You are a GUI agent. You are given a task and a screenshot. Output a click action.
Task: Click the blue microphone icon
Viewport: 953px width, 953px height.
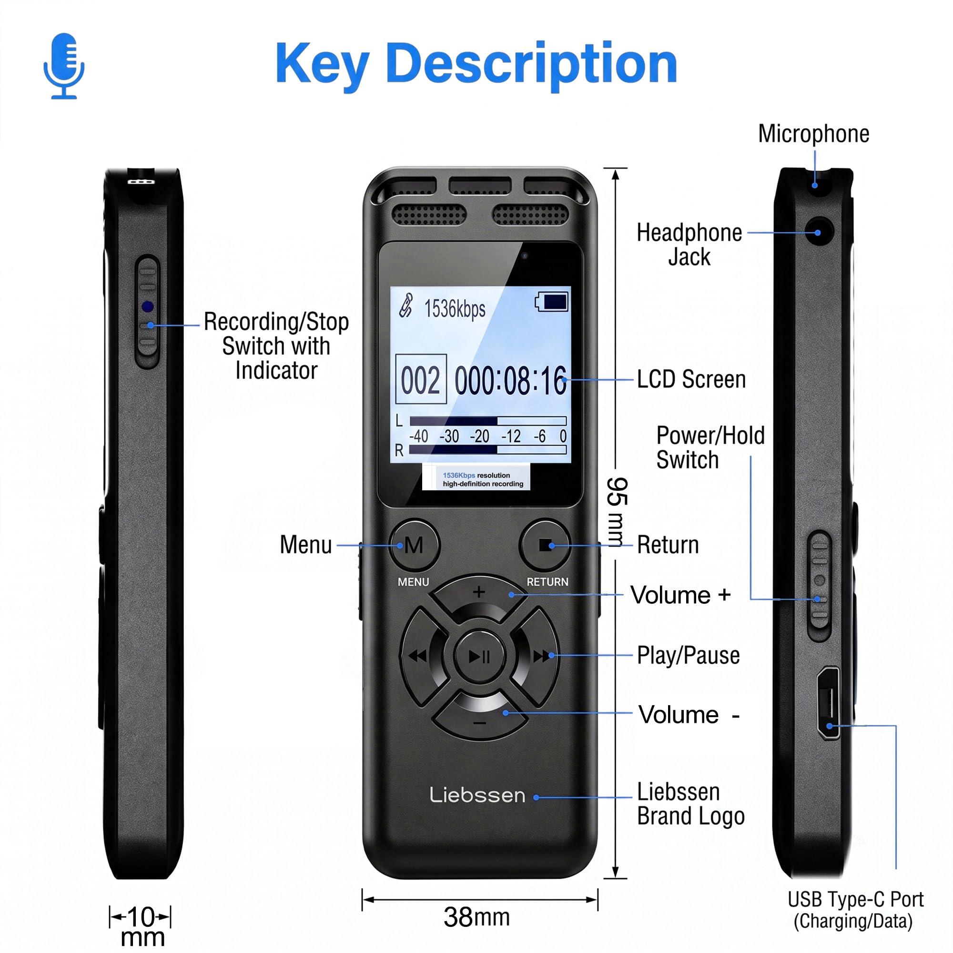coord(64,66)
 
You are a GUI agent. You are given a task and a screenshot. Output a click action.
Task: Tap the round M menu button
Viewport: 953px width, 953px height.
coord(414,545)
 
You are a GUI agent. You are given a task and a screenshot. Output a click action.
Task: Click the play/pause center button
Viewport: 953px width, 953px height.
coord(479,657)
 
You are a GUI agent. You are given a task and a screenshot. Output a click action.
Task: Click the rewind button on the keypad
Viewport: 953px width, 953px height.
coord(419,657)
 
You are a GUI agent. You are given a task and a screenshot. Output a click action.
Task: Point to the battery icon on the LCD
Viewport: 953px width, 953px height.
coord(552,302)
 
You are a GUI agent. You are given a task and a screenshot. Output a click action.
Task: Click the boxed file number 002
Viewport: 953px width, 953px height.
coord(421,379)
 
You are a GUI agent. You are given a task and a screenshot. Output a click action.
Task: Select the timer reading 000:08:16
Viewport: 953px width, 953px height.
coord(510,380)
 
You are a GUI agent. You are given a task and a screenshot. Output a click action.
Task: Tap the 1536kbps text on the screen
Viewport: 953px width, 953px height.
coord(455,309)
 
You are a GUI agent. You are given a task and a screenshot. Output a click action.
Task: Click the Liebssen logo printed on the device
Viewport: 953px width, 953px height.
coord(477,795)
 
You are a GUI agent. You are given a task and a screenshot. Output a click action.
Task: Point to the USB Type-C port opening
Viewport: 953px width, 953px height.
coord(828,703)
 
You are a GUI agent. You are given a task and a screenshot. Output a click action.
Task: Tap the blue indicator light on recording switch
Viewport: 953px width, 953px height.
coord(147,307)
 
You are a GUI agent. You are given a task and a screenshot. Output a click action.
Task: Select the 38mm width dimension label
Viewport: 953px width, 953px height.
coord(476,917)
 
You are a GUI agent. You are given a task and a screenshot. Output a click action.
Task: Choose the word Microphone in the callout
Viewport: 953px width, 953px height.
coord(813,134)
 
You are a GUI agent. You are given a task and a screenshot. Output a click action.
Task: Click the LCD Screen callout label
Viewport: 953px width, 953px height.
coord(691,379)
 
